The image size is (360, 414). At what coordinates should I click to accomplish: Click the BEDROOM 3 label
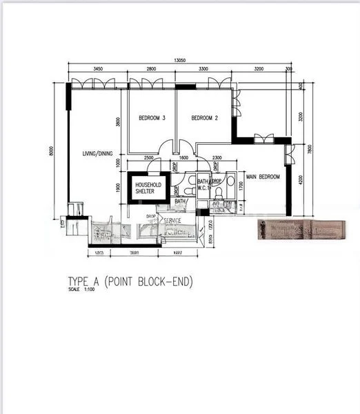(x=152, y=118)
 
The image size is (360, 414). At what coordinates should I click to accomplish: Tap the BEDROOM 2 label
(x=204, y=118)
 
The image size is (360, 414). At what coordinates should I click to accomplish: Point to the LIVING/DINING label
(x=97, y=153)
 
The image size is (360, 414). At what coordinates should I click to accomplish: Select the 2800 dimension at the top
(x=152, y=70)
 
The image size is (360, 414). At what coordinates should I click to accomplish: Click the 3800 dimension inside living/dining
(x=119, y=122)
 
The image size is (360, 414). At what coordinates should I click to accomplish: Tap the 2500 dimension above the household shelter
(x=148, y=158)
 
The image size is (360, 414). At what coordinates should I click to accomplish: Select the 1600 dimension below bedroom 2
(x=183, y=158)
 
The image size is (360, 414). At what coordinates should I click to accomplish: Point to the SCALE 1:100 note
(x=81, y=289)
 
